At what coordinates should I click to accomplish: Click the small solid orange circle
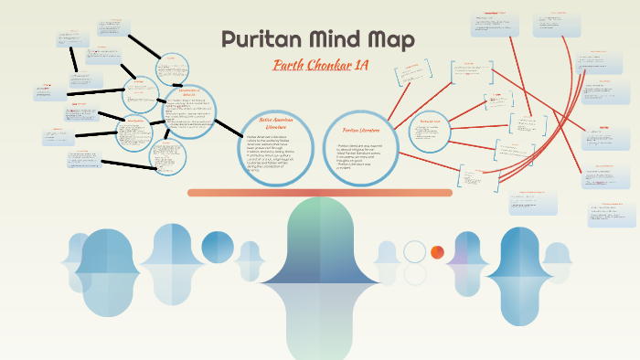pyautogui.click(x=437, y=252)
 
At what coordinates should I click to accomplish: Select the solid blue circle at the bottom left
pyautogui.click(x=218, y=248)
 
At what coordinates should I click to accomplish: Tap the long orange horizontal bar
pyautogui.click(x=320, y=192)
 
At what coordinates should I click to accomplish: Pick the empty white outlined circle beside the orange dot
pyautogui.click(x=415, y=252)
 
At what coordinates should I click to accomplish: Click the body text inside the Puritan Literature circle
pyautogui.click(x=361, y=156)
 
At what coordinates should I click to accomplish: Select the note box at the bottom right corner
pyautogui.click(x=612, y=214)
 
